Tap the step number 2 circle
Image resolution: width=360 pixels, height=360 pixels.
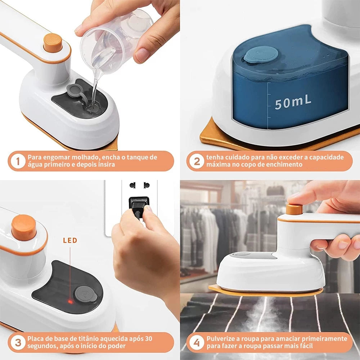tap(197, 161)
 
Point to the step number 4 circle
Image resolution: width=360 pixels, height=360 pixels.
tap(197, 342)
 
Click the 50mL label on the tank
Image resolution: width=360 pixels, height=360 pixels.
tap(293, 103)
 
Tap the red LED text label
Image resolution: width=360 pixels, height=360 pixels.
tap(70, 240)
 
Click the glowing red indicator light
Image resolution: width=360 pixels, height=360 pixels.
tap(71, 301)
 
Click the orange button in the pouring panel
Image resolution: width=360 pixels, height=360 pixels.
tap(53, 42)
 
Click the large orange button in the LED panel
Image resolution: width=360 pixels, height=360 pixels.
tap(24, 227)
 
